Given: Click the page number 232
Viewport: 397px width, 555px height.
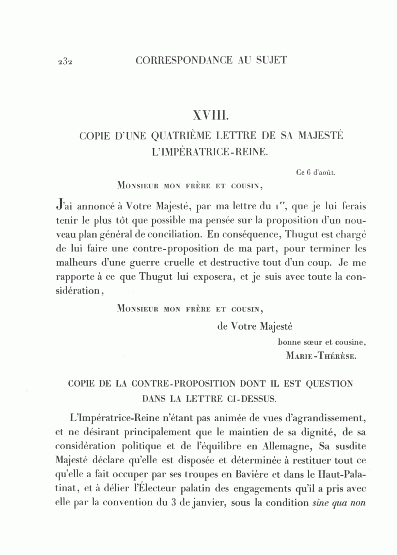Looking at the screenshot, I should [64, 61].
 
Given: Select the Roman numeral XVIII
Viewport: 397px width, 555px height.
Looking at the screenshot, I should [210, 116].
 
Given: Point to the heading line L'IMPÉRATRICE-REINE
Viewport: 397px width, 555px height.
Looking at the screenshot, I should [209, 153].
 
